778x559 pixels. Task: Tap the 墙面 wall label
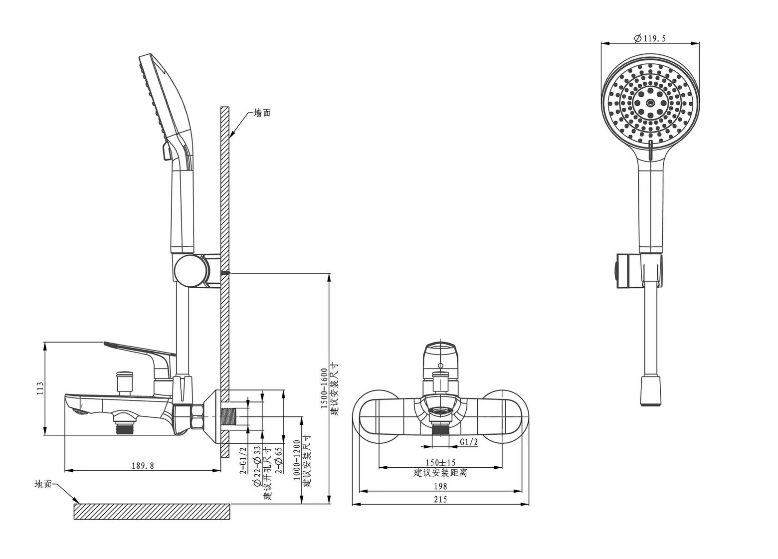262,113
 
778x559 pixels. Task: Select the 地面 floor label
43,484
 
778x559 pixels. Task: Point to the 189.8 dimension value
143,466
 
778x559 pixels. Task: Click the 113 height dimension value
40,388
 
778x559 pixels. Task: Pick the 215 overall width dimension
440,499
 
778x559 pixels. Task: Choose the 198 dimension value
440,486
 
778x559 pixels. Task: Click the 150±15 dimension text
440,462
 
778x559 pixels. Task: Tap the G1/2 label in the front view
469,442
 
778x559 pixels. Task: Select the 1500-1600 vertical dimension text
324,388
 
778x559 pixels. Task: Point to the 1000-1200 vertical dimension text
297,460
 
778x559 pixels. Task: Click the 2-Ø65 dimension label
279,460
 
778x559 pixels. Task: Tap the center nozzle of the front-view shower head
650,102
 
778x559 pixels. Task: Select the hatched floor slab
152,512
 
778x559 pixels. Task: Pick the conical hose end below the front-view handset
650,391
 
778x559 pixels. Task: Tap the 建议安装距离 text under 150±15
440,473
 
